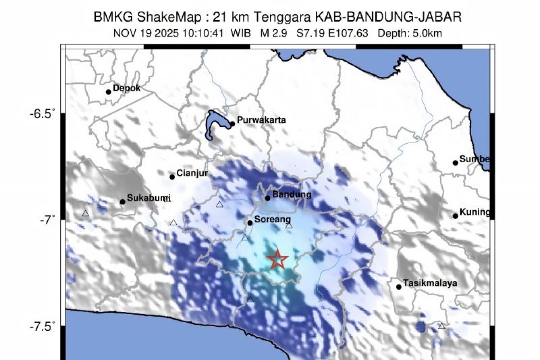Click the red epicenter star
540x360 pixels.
(x=277, y=259)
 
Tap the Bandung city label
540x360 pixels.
(x=292, y=195)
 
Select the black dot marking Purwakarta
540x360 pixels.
(x=232, y=124)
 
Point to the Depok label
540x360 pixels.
(x=126, y=88)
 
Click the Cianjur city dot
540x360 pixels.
(x=172, y=177)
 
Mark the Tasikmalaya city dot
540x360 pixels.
(x=399, y=287)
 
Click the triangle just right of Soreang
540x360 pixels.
(x=289, y=225)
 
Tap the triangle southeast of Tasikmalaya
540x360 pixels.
(x=441, y=326)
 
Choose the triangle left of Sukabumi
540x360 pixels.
(x=85, y=213)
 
